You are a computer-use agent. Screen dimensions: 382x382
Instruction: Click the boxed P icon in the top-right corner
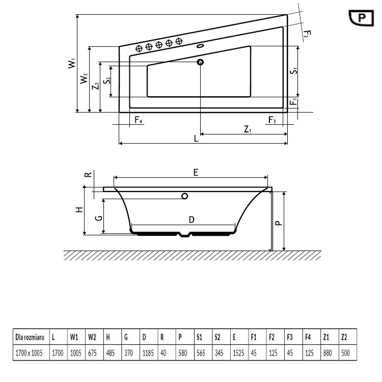pos(363,17)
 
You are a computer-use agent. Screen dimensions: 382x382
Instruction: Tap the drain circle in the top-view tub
pos(200,62)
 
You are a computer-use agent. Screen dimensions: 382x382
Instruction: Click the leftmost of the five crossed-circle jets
pos(139,48)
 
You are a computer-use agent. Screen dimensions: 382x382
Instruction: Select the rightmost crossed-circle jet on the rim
pos(179,41)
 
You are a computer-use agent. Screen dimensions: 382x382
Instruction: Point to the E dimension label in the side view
pos(196,173)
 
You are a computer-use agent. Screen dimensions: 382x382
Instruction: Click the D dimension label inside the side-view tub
pos(191,220)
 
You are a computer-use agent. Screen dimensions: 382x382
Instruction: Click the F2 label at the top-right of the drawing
pos(306,34)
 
